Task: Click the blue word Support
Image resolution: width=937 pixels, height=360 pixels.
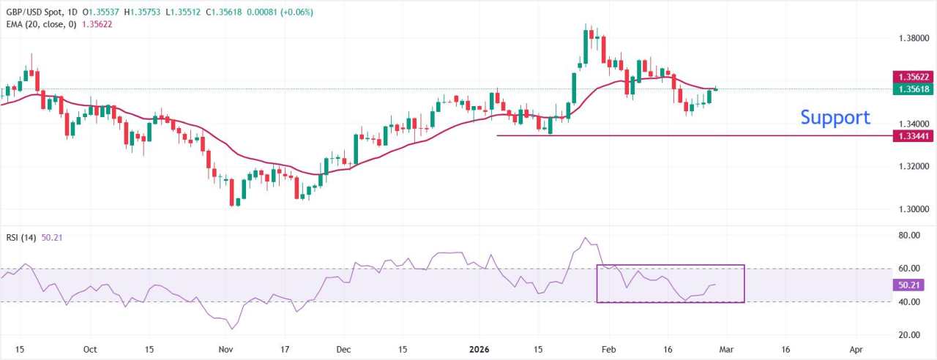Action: coord(835,118)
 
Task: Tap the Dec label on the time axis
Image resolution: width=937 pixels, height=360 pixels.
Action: coord(343,350)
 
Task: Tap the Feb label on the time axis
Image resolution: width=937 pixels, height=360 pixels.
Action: coord(608,350)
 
